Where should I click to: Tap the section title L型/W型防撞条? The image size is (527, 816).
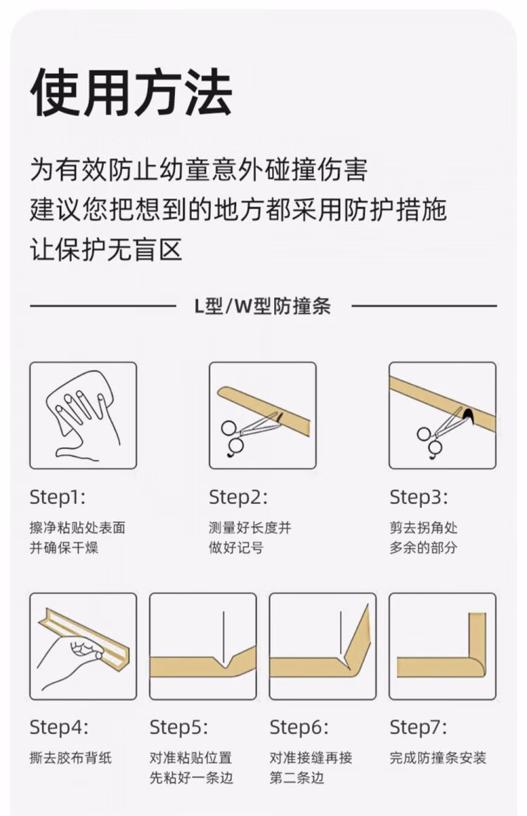[263, 306]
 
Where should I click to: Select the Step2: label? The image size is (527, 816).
[238, 497]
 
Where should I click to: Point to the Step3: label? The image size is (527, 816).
[419, 497]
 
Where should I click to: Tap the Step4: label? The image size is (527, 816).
[59, 727]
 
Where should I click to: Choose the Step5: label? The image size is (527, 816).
[178, 727]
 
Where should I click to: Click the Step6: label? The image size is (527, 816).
[299, 727]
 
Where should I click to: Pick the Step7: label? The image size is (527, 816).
[418, 727]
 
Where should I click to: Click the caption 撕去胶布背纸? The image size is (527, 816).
[71, 758]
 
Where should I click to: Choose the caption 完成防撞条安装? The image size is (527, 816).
[438, 758]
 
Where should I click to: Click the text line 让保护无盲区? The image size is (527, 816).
[106, 250]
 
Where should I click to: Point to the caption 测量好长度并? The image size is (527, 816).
[250, 528]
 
